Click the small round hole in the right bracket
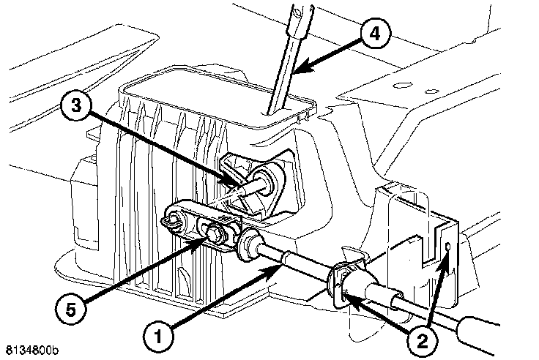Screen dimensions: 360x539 448,250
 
